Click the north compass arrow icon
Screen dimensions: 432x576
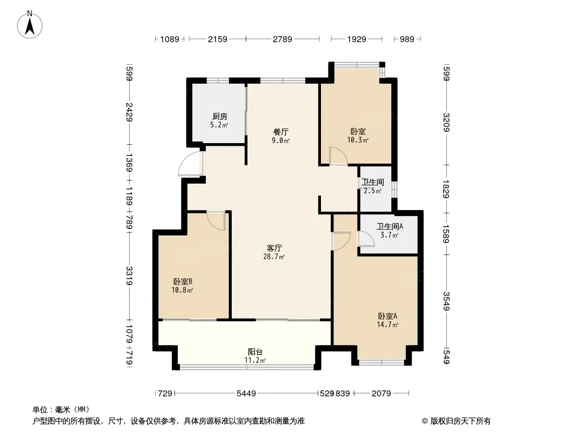[31, 24]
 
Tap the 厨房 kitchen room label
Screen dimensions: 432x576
[219, 116]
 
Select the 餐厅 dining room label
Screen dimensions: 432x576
[280, 131]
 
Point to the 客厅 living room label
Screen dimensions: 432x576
[274, 248]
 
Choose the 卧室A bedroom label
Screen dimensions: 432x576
[387, 316]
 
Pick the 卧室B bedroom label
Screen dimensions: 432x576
[183, 281]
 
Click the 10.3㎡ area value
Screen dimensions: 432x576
[357, 140]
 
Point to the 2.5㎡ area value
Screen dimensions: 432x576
[373, 191]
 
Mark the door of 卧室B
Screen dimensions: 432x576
[215, 221]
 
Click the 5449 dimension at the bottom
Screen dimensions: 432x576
[246, 394]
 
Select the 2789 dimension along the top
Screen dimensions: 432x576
[282, 39]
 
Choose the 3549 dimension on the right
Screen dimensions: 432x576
[446, 301]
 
